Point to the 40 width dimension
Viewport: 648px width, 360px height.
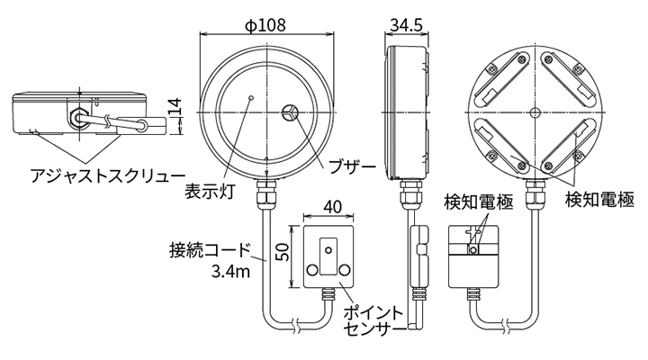(332, 207)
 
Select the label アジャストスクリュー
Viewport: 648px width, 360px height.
(95, 174)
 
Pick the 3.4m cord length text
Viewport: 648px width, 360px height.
(231, 271)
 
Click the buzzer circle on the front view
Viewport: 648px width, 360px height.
(291, 113)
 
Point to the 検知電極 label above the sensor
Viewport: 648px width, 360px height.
(479, 202)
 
